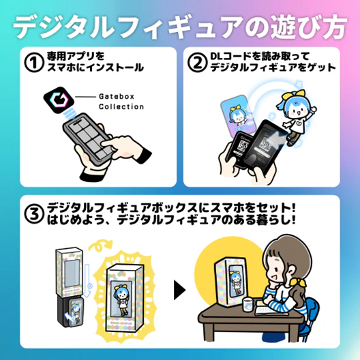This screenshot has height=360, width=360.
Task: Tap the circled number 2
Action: point(196,62)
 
